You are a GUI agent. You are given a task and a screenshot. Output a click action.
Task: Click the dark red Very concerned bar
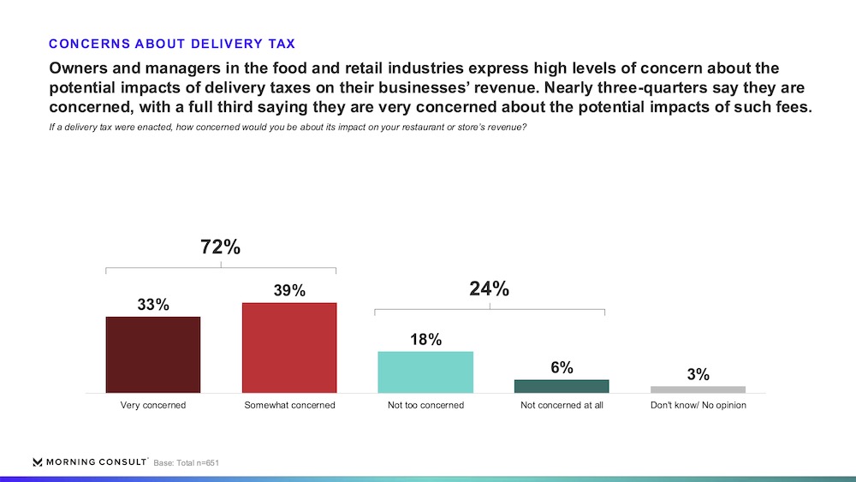tap(152, 354)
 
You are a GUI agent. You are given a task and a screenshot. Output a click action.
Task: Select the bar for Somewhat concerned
tap(289, 348)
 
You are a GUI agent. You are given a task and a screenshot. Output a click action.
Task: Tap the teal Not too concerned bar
tap(425, 372)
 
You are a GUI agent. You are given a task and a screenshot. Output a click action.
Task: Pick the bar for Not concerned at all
tap(562, 386)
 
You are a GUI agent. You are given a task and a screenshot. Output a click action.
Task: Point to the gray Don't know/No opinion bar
tap(698, 390)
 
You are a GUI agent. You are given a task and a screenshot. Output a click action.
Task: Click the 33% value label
tap(153, 304)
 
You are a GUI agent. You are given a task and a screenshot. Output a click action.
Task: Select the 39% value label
tap(289, 290)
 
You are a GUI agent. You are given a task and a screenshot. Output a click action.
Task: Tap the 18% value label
tap(425, 339)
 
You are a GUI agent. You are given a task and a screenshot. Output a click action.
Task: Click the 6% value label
tap(562, 367)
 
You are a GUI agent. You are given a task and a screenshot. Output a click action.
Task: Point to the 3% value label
tap(698, 374)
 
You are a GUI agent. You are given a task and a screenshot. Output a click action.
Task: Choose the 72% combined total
tap(220, 247)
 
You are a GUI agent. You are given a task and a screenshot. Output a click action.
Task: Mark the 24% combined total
tap(489, 289)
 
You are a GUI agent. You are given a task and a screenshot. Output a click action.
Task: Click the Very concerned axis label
tap(153, 405)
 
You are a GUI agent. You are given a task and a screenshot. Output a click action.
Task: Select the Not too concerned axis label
tap(425, 405)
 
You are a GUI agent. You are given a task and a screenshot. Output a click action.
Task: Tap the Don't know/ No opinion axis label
tap(698, 405)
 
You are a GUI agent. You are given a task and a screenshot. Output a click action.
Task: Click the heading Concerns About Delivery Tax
tap(172, 43)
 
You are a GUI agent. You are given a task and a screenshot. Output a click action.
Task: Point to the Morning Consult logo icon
tap(38, 461)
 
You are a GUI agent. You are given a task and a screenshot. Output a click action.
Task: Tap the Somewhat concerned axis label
tap(289, 405)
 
